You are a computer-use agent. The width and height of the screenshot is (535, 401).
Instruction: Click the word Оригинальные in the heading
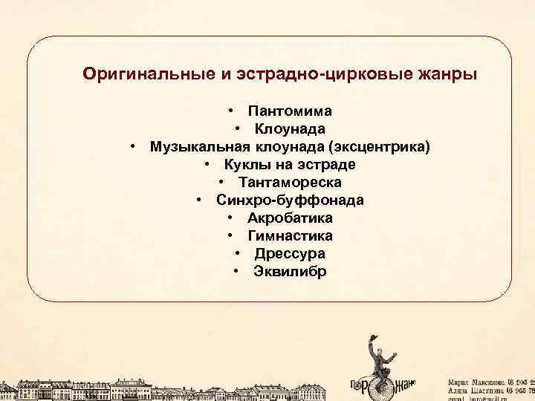(149, 74)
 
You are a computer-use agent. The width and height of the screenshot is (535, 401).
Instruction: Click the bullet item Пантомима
(290, 111)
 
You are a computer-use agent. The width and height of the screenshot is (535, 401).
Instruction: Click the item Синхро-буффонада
(290, 200)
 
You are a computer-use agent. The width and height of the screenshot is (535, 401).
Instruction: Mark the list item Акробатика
(290, 218)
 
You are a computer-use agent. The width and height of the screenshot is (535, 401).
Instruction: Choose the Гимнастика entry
(290, 236)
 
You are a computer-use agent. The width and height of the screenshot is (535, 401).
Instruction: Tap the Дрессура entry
(290, 254)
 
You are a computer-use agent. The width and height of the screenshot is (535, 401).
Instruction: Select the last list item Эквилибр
(290, 272)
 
